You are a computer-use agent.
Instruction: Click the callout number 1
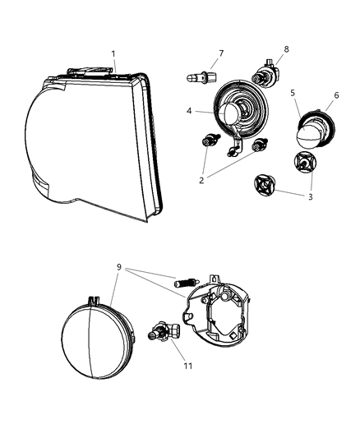click(113, 53)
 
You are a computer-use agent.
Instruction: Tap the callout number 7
click(220, 53)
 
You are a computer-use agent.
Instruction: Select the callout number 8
click(286, 49)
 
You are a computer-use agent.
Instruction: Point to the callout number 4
click(188, 111)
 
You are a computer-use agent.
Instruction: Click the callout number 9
click(120, 267)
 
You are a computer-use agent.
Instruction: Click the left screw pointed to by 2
click(207, 143)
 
